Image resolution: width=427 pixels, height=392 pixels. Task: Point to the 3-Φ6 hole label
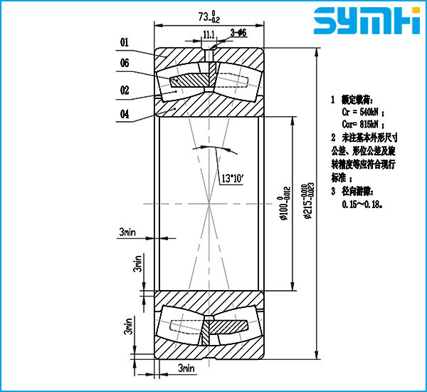[238, 33]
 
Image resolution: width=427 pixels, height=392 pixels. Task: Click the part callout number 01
[125, 43]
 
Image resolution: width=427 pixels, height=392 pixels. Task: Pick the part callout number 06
[125, 64]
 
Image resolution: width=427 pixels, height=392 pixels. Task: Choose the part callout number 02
[125, 90]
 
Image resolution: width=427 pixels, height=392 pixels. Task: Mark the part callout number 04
[125, 113]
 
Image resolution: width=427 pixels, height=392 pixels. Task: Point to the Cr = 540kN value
[363, 112]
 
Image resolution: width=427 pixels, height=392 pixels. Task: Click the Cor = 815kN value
[363, 124]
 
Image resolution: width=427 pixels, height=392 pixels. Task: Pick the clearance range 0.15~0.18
[362, 204]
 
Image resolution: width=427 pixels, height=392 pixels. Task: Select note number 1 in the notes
[333, 100]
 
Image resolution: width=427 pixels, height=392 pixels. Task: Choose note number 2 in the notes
[333, 136]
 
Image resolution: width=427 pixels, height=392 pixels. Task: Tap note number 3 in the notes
[333, 191]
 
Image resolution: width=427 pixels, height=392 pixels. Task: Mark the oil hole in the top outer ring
[209, 53]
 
